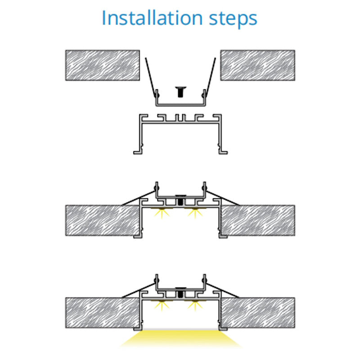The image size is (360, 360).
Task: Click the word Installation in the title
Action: tap(152, 18)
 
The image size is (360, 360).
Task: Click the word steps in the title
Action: tap(233, 19)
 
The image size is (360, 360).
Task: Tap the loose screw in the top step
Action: tap(180, 92)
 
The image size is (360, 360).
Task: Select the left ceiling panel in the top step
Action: tap(103, 65)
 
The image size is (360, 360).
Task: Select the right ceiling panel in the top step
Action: tap(257, 65)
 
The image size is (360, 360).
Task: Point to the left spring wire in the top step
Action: tap(151, 77)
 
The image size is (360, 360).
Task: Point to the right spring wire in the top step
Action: tap(211, 77)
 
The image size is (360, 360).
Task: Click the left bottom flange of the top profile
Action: tap(138, 152)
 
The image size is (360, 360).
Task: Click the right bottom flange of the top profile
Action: tap(223, 152)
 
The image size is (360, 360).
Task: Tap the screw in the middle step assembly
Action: tap(180, 200)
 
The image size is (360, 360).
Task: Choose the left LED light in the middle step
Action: tap(162, 213)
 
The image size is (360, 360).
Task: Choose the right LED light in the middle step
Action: tap(195, 213)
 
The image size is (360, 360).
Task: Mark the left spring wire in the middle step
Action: tap(139, 198)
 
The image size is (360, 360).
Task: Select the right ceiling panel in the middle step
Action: tap(258, 220)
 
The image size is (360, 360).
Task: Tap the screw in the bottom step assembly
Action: tap(180, 293)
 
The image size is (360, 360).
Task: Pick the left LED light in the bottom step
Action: tap(162, 306)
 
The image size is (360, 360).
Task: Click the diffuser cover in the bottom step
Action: tap(180, 329)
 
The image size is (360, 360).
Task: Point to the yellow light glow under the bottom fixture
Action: tap(180, 339)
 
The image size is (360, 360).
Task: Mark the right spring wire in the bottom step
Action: tap(222, 290)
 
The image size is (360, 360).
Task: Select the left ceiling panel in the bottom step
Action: tap(103, 313)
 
